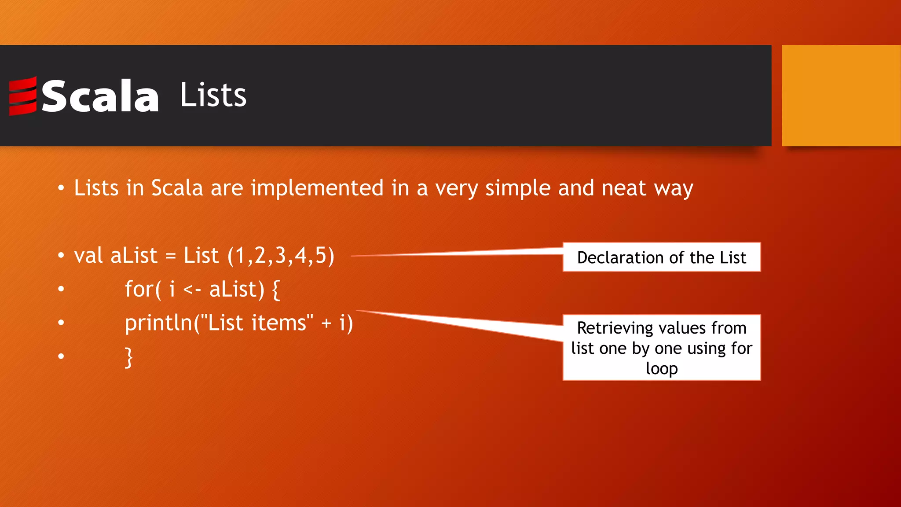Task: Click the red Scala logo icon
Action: click(x=23, y=96)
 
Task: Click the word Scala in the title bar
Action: click(x=100, y=96)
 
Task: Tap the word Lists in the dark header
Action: click(x=213, y=95)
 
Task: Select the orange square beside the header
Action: click(x=841, y=96)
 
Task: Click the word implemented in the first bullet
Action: click(x=317, y=188)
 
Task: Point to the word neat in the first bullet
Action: click(x=624, y=188)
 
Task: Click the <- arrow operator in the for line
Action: click(x=192, y=290)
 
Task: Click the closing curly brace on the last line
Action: click(x=128, y=357)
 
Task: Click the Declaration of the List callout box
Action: click(x=661, y=257)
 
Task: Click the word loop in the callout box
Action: click(x=661, y=369)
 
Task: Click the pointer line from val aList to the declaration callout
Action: click(x=458, y=253)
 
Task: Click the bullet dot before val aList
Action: click(x=61, y=256)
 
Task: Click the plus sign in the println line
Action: click(x=326, y=323)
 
